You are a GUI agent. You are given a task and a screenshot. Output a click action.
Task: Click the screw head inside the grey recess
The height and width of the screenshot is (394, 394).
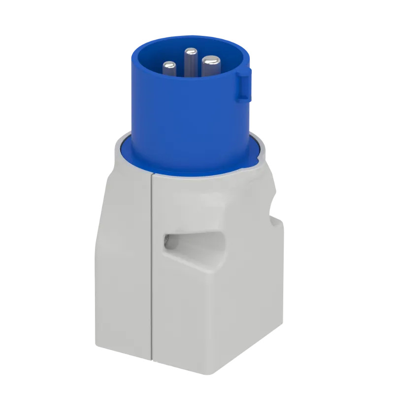pos(168,240)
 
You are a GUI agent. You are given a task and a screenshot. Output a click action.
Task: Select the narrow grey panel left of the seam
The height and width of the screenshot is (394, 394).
pos(123,261)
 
